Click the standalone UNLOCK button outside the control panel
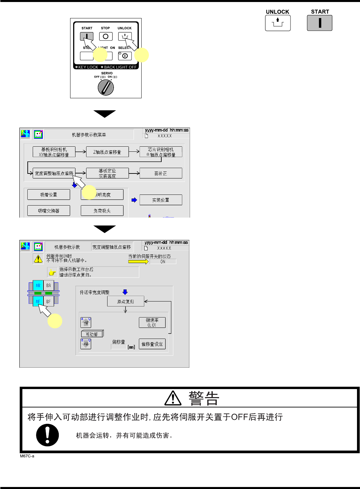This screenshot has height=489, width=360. (278, 23)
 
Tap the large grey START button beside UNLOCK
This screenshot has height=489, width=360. (320, 23)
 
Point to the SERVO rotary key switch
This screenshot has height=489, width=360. (106, 88)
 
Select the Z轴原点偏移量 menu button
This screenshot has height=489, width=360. (107, 152)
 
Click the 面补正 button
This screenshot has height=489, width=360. (161, 173)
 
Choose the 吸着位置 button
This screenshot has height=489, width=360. (49, 195)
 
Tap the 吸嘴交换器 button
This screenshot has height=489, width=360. (49, 211)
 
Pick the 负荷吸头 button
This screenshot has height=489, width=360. (102, 211)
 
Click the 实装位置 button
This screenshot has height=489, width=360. (161, 200)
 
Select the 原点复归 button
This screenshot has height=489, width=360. (126, 301)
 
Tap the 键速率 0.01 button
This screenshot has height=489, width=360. (152, 323)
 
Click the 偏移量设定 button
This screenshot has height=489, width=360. (152, 344)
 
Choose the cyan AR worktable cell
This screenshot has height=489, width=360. (38, 286)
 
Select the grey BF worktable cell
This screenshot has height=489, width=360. (49, 301)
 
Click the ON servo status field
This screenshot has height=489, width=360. (163, 262)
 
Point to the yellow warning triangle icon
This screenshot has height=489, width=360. (38, 259)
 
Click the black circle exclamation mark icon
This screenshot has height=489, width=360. (47, 435)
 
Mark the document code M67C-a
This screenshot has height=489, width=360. (27, 456)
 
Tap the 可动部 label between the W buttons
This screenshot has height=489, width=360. (92, 334)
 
